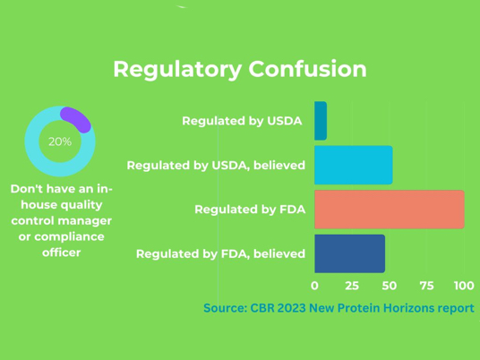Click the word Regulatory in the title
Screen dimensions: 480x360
coord(177,70)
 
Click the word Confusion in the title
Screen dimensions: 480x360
coord(307,69)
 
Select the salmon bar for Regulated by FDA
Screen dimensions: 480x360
coord(390,210)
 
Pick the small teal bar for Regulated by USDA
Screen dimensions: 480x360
coord(321,121)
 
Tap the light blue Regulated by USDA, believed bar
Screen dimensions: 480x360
coord(354,165)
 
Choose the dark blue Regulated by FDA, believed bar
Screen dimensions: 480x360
coord(349,253)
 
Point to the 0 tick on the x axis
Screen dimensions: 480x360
coord(314,286)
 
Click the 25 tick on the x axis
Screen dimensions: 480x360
coord(352,286)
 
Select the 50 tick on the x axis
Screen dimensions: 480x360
coord(389,286)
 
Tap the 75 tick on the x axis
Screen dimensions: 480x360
coord(427,286)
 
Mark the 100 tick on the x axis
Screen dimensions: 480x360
coord(464,286)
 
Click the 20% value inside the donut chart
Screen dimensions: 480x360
coord(60,141)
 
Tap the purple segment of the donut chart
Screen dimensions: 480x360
coord(76,119)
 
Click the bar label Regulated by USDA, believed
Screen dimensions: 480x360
coord(216,166)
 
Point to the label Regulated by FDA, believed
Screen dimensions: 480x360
coord(220,254)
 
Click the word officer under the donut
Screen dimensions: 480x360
coord(62,253)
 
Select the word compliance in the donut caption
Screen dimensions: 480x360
coord(69,237)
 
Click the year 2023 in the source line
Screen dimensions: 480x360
coord(291,308)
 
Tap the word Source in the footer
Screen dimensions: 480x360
coord(226,308)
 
